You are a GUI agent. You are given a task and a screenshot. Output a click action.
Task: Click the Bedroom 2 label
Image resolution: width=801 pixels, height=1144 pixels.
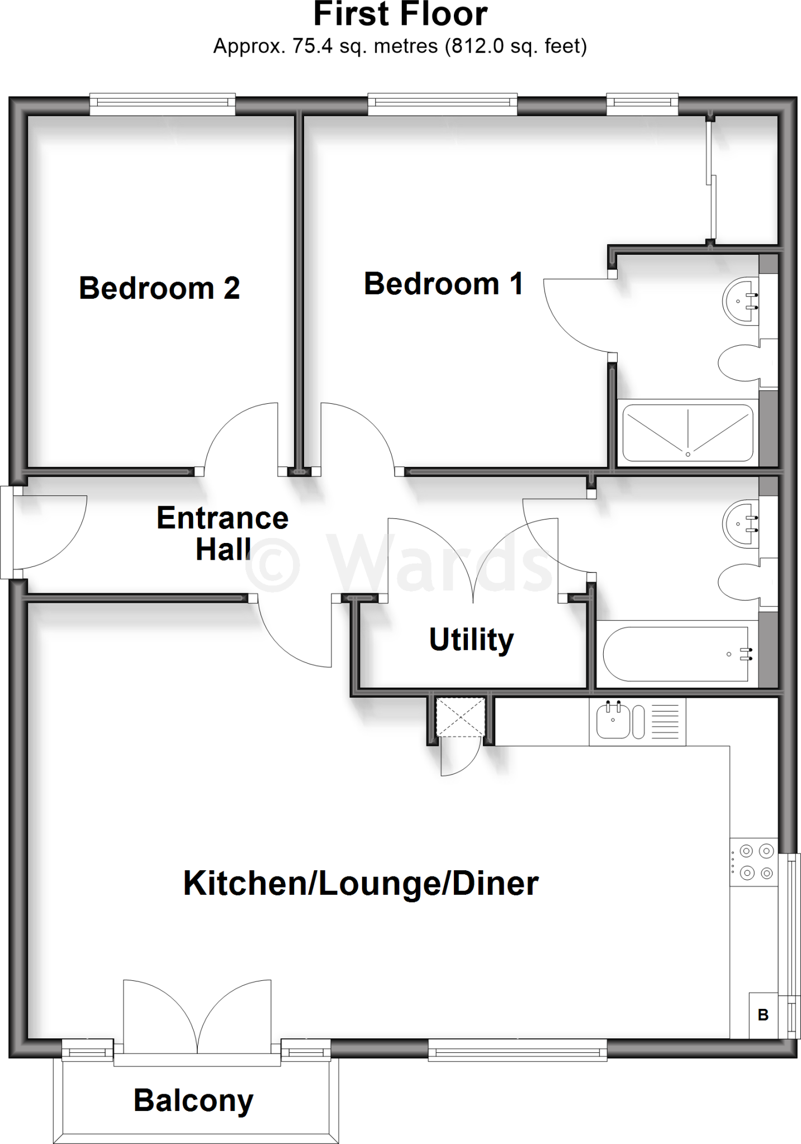click(159, 288)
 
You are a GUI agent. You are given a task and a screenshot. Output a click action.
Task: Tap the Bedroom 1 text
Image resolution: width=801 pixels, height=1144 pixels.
click(443, 284)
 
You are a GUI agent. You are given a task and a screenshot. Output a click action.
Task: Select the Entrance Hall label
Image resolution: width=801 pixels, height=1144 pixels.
click(222, 533)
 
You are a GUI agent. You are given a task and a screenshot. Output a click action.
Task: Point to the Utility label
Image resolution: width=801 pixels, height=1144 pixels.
click(471, 640)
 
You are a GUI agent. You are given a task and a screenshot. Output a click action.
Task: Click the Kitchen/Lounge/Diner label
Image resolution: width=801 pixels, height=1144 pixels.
click(361, 883)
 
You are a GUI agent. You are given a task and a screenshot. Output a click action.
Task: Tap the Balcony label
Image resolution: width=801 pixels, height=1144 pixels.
click(193, 1100)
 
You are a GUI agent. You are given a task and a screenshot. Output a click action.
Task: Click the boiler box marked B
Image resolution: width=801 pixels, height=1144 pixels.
click(763, 1015)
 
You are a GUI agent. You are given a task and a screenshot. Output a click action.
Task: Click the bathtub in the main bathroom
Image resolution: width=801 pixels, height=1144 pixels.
click(676, 654)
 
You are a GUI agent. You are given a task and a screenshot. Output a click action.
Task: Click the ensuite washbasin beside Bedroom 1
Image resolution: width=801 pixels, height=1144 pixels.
click(740, 301)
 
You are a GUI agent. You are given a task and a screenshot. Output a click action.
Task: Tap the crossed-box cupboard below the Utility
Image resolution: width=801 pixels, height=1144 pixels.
click(460, 717)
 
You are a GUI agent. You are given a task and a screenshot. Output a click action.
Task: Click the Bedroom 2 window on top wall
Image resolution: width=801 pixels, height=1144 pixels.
click(163, 102)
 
